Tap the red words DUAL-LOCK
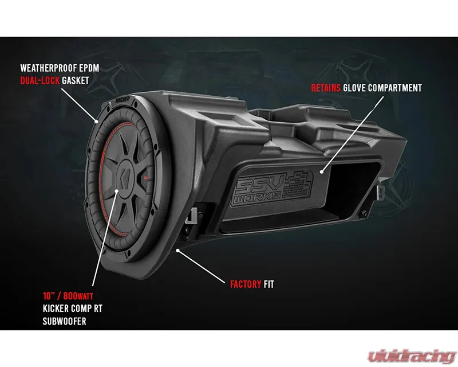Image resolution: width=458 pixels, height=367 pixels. [40, 80]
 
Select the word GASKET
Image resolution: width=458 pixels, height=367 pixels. [76, 80]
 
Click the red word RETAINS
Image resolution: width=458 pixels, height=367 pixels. [326, 88]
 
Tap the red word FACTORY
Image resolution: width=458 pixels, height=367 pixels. [246, 284]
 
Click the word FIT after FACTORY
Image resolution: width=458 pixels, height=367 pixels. [269, 284]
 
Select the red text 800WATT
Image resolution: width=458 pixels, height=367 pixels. [78, 296]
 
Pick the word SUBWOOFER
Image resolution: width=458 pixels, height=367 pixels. [65, 321]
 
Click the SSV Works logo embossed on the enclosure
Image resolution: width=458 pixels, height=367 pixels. [274, 188]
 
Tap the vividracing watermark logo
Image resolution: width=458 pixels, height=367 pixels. [412, 356]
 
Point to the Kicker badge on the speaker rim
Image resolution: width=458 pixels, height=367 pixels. [123, 100]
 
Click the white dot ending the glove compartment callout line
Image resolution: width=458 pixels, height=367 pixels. [322, 172]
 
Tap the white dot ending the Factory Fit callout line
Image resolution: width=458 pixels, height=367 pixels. [177, 251]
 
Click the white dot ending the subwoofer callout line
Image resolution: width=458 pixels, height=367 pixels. [117, 191]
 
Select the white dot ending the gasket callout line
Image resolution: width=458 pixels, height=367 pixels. [97, 121]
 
